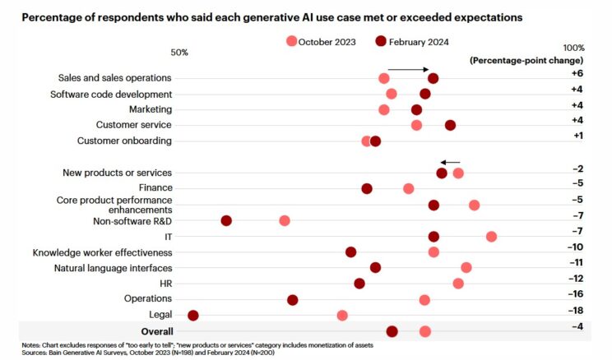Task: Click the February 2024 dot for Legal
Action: [x=194, y=316]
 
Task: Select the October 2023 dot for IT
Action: [x=491, y=237]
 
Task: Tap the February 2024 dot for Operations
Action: [x=293, y=300]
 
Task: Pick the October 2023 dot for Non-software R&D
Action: [x=285, y=220]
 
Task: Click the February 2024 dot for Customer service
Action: [x=450, y=125]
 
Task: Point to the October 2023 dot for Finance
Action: [x=409, y=189]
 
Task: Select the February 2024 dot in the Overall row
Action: [x=392, y=331]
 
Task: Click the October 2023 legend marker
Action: [x=291, y=41]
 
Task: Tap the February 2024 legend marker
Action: [x=381, y=41]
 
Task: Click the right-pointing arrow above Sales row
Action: [x=410, y=69]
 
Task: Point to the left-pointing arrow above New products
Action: [x=451, y=163]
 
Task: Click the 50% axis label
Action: [x=179, y=53]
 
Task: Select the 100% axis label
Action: [x=573, y=48]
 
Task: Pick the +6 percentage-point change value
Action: [x=577, y=73]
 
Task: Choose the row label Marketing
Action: [x=151, y=109]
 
